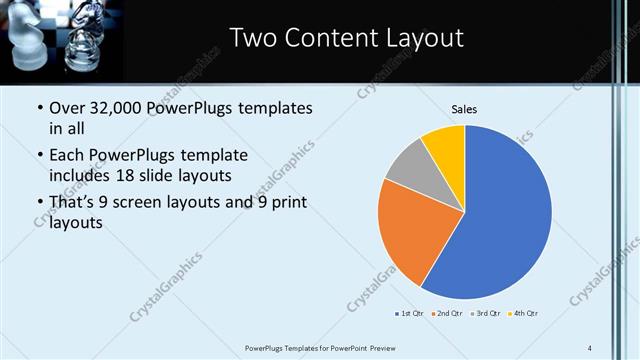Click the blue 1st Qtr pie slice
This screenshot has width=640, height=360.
tap(500, 220)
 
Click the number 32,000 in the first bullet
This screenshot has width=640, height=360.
tap(116, 107)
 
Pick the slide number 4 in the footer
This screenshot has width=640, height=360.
tap(590, 347)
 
